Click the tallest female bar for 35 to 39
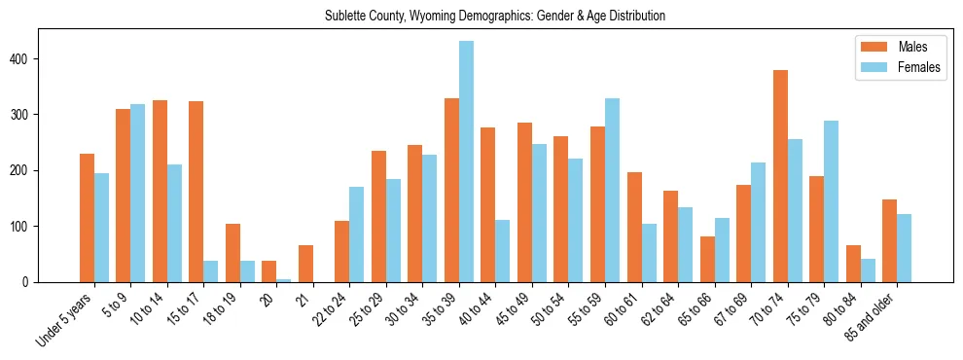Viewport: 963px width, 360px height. coord(467,162)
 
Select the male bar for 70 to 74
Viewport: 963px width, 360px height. coord(780,176)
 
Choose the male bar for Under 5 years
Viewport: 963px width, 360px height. coord(87,218)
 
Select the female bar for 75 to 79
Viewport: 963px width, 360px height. coord(832,201)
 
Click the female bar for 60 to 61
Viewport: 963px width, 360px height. coord(649,253)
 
